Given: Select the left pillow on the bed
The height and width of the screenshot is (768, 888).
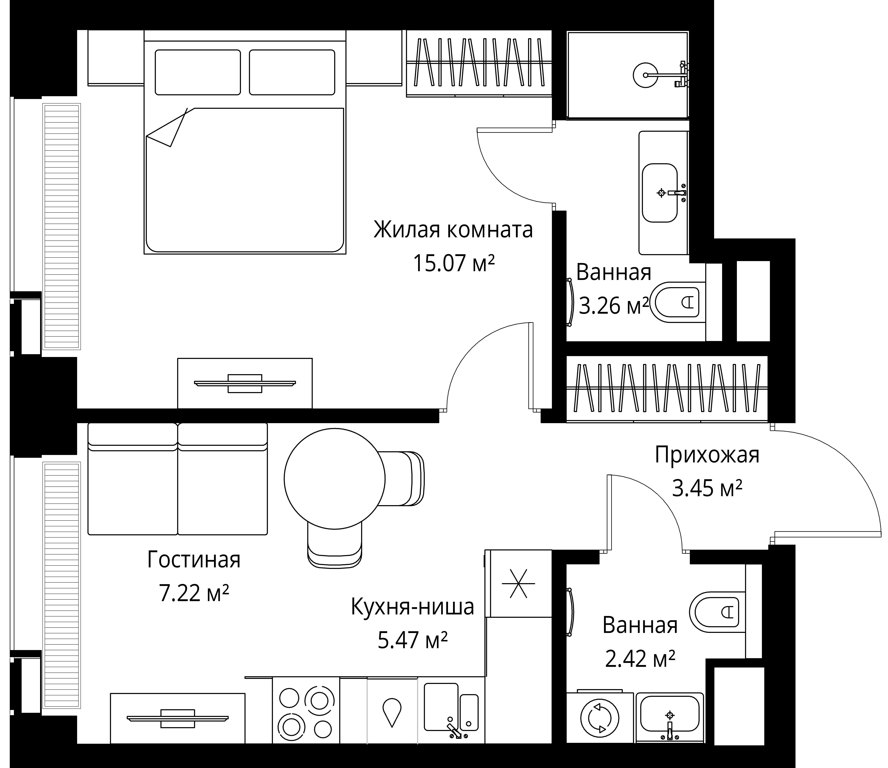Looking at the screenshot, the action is coord(198,72).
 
